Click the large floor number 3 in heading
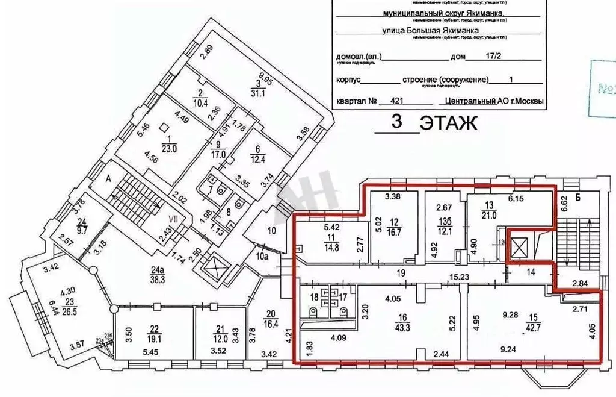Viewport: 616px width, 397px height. [396, 121]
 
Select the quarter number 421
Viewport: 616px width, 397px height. [397, 101]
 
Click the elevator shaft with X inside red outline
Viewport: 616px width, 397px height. [519, 247]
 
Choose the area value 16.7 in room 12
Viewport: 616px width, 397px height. [395, 231]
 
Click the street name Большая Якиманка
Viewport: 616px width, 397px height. [439, 29]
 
